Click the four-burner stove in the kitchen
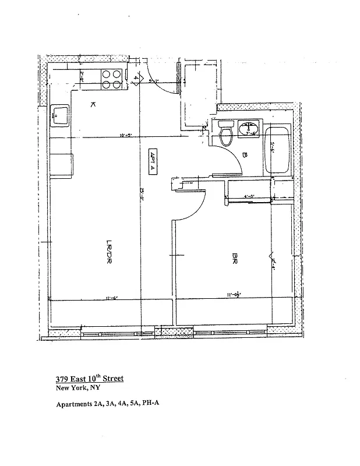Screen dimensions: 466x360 pos(112,79)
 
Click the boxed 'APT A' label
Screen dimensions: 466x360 pos(154,160)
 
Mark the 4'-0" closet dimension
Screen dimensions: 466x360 pos(249,196)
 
